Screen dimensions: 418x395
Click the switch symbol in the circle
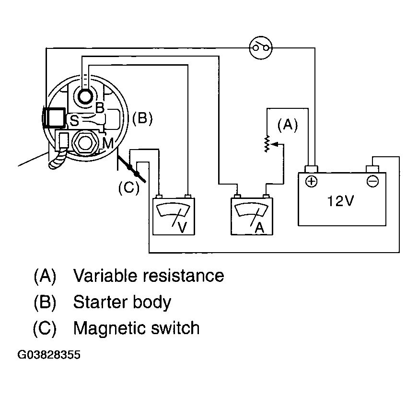tap(261, 48)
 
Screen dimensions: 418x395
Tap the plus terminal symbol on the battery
tap(311, 182)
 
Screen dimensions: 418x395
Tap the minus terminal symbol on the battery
tap(372, 182)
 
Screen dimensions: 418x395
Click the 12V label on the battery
tap(340, 201)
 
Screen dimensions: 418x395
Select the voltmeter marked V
tap(174, 216)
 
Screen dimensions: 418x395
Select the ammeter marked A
tap(252, 216)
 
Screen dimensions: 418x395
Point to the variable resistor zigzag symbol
tap(267, 144)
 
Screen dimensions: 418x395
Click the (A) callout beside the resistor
tap(288, 125)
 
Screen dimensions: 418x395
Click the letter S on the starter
tap(74, 121)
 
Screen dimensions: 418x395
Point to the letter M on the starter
tap(108, 143)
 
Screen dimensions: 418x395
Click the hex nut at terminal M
tap(85, 142)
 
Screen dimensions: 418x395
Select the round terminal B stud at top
tap(85, 96)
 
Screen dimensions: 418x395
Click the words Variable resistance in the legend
tap(149, 275)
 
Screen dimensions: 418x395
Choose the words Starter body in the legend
tap(122, 302)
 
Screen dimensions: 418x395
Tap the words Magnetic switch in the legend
tap(136, 328)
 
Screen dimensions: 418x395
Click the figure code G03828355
tap(49, 355)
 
